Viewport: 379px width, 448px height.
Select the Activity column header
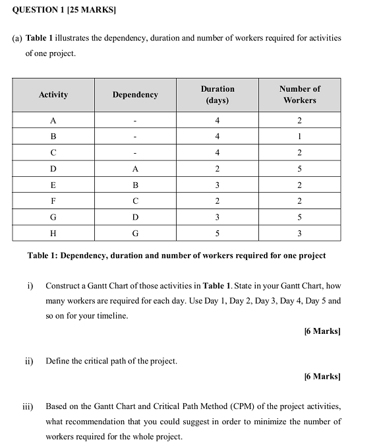click(53, 95)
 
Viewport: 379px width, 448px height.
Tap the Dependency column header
click(135, 95)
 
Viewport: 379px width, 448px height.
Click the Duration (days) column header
click(218, 94)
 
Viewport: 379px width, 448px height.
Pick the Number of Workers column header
click(299, 94)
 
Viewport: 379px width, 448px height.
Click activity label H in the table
click(53, 233)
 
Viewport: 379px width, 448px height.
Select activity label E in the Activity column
click(53, 185)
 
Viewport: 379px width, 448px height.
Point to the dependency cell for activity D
click(135, 169)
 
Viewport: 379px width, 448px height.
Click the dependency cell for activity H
click(135, 233)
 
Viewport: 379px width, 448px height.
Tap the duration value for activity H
click(218, 233)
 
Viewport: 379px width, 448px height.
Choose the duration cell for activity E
click(218, 185)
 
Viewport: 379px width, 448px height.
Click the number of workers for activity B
click(299, 137)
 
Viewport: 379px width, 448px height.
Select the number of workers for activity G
click(299, 217)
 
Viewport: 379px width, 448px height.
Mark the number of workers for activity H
click(299, 233)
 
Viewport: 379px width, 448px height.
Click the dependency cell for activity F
click(135, 201)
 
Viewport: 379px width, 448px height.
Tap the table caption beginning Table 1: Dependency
click(176, 255)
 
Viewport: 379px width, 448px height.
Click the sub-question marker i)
click(30, 286)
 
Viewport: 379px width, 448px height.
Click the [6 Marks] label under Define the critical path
click(322, 376)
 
